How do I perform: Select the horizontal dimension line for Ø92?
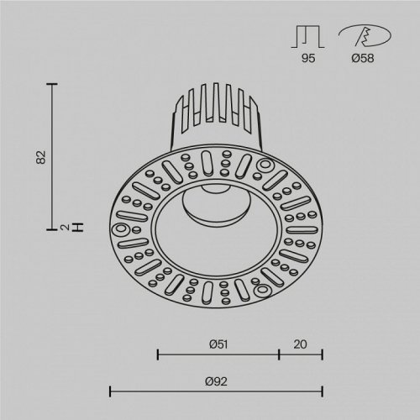216,391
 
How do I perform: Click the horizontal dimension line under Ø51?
218,354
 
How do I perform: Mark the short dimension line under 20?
301,354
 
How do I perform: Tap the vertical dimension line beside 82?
55,155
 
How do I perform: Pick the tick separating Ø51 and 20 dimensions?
279,354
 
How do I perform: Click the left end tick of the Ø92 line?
110,391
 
